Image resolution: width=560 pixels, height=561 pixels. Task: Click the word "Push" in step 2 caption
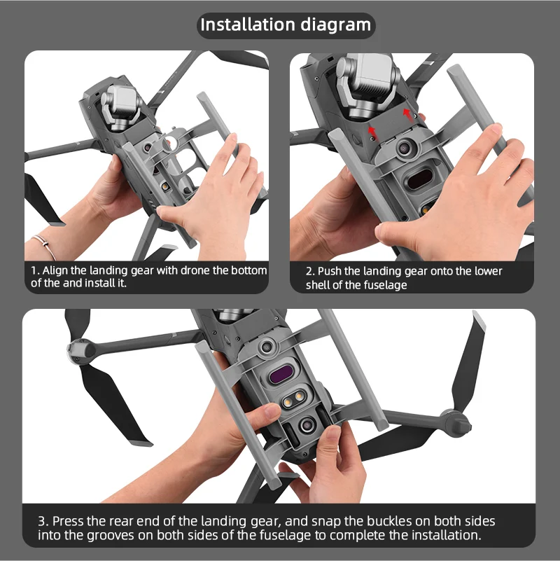(x=332, y=271)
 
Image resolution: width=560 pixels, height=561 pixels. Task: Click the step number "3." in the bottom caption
(x=43, y=521)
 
